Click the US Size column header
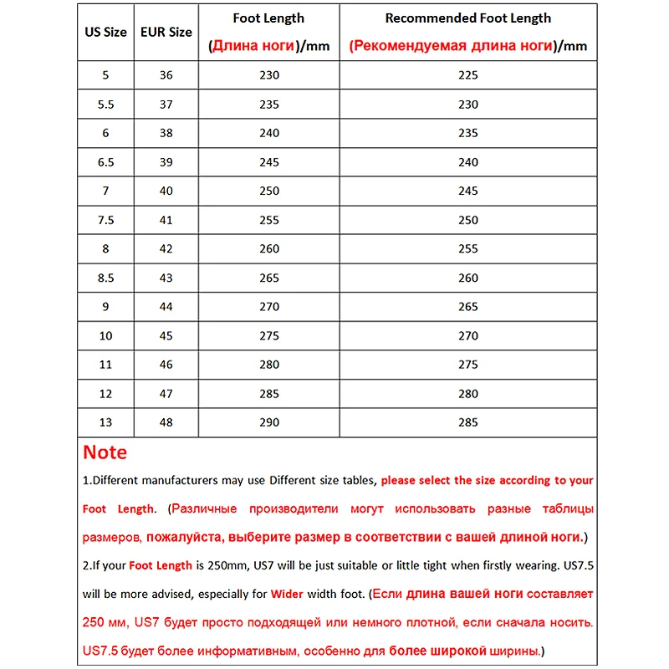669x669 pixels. [x=106, y=32]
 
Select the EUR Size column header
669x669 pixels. [x=166, y=32]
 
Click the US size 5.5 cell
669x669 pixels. [x=106, y=105]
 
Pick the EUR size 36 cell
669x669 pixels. [x=166, y=75]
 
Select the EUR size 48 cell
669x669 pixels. [x=166, y=422]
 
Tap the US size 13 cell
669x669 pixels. [x=106, y=422]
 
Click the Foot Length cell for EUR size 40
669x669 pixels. [x=269, y=191]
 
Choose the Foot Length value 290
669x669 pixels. [x=269, y=422]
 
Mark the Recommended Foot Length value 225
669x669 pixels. [x=468, y=75]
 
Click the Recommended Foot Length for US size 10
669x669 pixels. [x=468, y=335]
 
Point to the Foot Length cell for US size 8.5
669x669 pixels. [x=269, y=278]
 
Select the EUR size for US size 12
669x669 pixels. [x=166, y=393]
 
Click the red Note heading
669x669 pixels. [x=105, y=452]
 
